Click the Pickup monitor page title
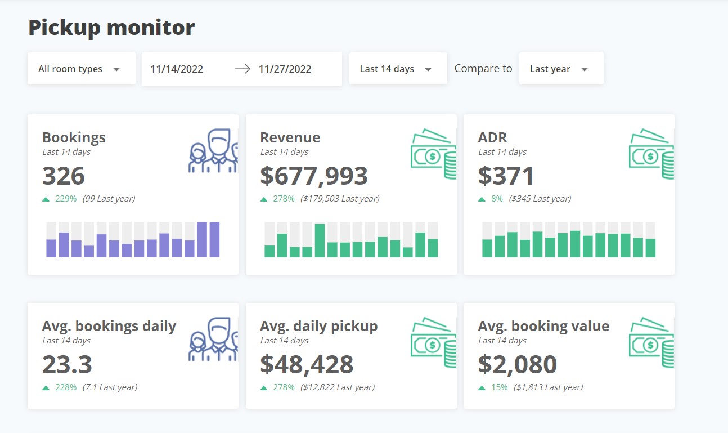(111, 28)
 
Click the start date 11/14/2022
(177, 69)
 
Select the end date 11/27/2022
(285, 69)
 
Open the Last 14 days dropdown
(397, 69)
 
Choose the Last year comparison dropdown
(560, 69)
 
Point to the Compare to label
(483, 69)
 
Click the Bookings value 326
(64, 176)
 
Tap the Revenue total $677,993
(313, 176)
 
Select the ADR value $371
(505, 176)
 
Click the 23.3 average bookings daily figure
(67, 364)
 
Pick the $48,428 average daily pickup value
(307, 364)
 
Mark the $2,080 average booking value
(517, 364)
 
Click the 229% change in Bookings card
(66, 199)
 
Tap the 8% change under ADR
(497, 199)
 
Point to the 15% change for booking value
(499, 387)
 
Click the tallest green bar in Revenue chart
(320, 240)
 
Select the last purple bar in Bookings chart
(214, 239)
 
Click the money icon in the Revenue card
(433, 154)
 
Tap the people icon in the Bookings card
(213, 151)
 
